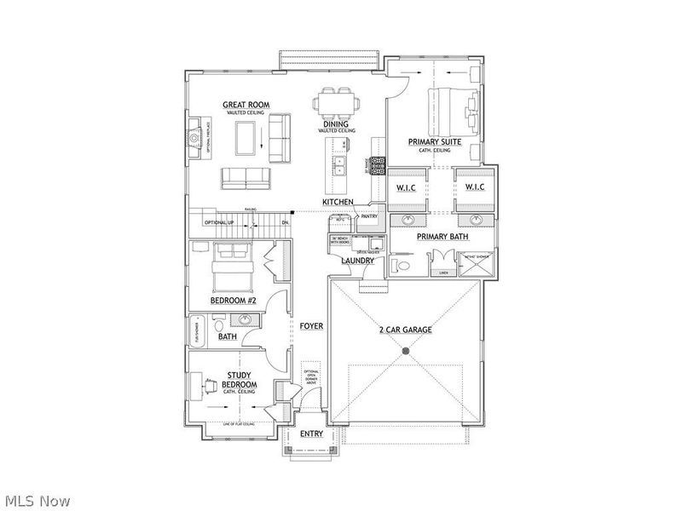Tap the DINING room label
[x=334, y=123]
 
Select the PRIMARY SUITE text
[x=435, y=142]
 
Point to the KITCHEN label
[x=338, y=202]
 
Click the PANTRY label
[x=369, y=216]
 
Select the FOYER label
[x=311, y=326]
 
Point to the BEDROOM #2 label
[x=234, y=301]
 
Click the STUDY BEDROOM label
[x=240, y=379]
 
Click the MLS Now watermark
[x=37, y=502]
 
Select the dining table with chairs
[x=333, y=103]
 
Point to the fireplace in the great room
[x=195, y=136]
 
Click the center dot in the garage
[x=406, y=351]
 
